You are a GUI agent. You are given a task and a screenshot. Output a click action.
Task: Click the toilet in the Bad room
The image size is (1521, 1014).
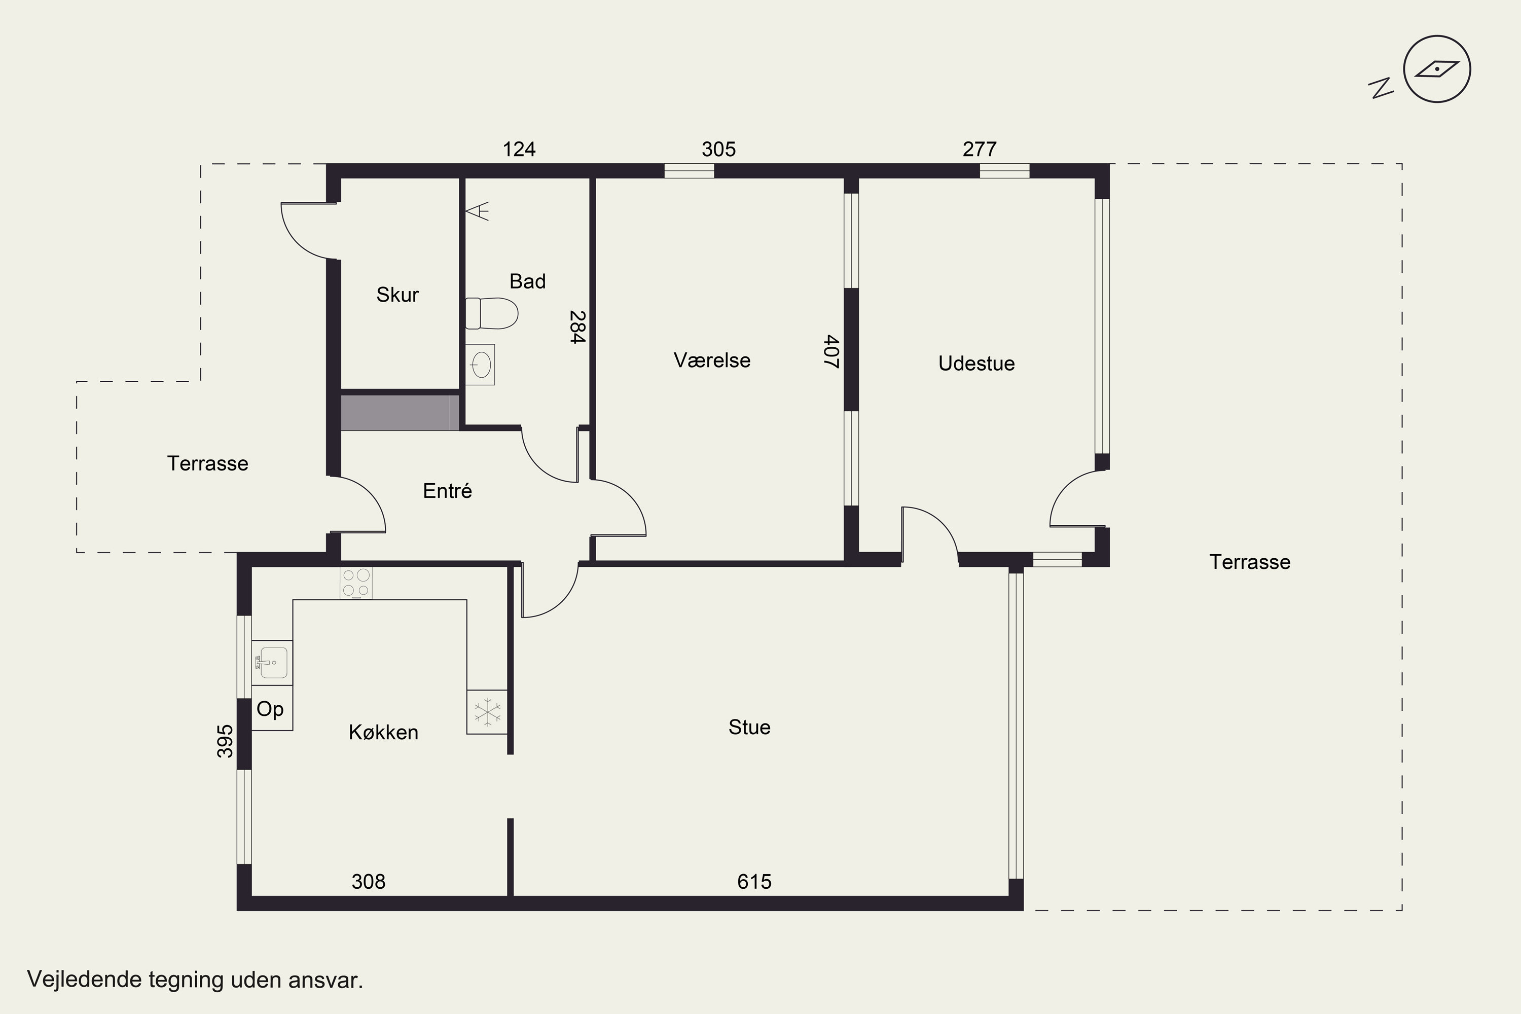pos(491,314)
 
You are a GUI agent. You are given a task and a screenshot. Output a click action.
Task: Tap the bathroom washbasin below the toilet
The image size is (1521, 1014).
pos(480,365)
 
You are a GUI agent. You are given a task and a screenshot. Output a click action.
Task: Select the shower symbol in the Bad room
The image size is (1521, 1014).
pos(477,211)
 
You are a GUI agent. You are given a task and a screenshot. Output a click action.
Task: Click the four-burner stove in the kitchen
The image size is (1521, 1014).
pos(356,583)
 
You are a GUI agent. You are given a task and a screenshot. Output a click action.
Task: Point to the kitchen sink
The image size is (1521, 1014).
pos(272,663)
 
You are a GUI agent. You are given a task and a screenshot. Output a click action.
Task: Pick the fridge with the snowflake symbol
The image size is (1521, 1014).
pos(487,712)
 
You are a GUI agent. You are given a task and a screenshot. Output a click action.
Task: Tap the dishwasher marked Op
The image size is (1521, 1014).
pos(272,708)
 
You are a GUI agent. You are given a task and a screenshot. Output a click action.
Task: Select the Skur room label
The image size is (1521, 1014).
pos(397,295)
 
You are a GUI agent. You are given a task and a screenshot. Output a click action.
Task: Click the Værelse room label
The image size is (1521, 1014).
pos(712,360)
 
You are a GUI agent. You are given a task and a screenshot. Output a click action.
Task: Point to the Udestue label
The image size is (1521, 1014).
pos(976,364)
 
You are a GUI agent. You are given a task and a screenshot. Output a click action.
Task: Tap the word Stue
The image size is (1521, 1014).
pos(749,727)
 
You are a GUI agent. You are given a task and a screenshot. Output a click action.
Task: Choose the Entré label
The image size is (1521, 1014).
pos(448,491)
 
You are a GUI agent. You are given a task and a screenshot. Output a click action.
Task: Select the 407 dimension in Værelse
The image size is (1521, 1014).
pos(831,351)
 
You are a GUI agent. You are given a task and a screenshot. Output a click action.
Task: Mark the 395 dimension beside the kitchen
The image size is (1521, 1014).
pos(225,741)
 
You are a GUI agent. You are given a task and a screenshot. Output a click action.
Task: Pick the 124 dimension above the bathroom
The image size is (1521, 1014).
pos(519,150)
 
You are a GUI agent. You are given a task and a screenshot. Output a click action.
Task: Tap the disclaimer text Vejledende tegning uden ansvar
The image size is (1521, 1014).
pos(195,980)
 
